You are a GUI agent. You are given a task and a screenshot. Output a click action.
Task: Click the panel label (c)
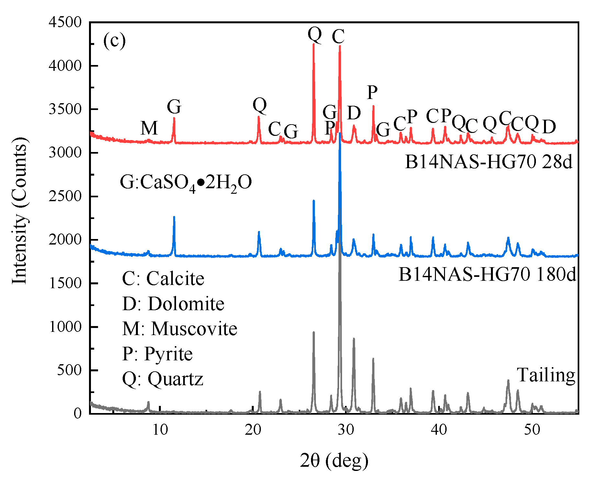[114, 41]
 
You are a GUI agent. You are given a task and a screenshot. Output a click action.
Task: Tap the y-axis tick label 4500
[65, 22]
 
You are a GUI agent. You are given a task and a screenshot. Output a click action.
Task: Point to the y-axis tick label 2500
[65, 196]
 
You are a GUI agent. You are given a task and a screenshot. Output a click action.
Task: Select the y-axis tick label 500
[69, 370]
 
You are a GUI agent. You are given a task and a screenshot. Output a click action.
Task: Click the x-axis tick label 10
[160, 430]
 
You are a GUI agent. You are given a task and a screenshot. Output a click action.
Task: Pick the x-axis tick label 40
[439, 430]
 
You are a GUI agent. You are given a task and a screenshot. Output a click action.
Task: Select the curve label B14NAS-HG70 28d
[489, 162]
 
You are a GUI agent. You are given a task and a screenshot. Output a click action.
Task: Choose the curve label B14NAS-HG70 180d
[487, 275]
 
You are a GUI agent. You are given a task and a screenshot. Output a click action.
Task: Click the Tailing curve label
[546, 375]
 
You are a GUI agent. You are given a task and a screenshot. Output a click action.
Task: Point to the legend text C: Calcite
[163, 278]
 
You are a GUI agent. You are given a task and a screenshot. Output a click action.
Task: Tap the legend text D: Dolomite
[173, 304]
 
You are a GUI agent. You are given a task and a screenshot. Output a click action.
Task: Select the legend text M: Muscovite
[180, 329]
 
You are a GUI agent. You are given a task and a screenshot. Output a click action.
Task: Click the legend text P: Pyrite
[157, 354]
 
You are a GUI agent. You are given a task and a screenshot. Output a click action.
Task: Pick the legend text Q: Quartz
[162, 378]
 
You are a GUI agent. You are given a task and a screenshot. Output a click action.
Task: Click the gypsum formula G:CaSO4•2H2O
[186, 183]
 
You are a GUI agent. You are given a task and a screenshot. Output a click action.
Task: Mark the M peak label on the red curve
[149, 128]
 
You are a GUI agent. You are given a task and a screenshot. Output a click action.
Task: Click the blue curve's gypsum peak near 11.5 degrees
[174, 217]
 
